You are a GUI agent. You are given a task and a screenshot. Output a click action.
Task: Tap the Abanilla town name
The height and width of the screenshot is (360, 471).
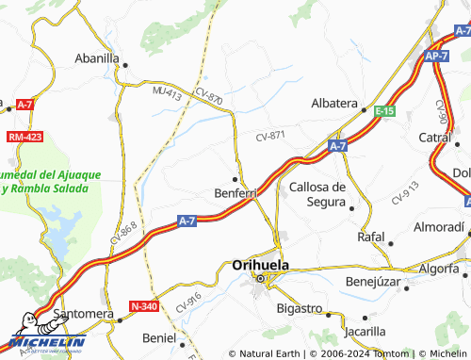point(97,57)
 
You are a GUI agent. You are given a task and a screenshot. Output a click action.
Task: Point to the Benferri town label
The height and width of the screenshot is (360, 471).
point(233,193)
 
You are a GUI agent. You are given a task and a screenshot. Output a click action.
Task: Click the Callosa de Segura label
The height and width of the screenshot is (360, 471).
point(317,193)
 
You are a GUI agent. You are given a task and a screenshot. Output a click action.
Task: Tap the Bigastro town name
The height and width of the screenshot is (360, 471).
point(299,308)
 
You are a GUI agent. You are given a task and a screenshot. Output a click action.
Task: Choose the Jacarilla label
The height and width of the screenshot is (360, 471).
point(365,331)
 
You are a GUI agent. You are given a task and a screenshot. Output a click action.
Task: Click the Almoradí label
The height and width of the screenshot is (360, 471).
point(440,227)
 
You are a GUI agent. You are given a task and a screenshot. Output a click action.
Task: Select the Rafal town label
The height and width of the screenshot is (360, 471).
point(371,237)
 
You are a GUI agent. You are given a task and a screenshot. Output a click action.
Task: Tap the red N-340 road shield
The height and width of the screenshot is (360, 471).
point(144,306)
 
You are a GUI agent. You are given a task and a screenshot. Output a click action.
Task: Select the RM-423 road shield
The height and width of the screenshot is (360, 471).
point(24,137)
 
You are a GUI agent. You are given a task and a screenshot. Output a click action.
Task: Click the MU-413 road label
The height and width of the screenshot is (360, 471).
point(166,93)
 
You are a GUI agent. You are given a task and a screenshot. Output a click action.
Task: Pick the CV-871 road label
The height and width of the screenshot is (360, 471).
point(270,137)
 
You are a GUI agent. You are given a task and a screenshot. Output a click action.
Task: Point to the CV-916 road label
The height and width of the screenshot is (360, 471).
point(188,303)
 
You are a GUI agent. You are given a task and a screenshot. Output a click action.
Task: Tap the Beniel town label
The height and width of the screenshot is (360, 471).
point(157,337)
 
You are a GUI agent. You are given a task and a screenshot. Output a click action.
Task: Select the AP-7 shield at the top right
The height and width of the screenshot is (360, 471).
point(435,57)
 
